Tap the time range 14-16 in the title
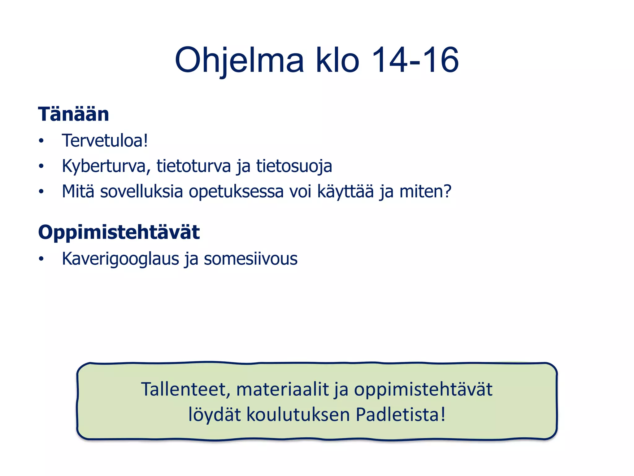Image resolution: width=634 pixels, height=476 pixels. pos(415,60)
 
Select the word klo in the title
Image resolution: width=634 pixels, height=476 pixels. pos(337,60)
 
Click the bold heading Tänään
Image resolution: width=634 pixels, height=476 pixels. pos(74,114)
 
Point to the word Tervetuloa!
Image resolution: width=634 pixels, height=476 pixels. pos(105,141)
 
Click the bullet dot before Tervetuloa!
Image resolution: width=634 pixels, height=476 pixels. pos(41,141)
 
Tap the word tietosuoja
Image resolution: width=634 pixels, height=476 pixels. pos(294,166)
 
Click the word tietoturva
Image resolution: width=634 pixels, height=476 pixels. pos(194,166)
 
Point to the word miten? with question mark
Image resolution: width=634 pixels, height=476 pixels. pos(426,191)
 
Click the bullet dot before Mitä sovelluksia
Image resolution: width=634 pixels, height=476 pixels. pos(41,192)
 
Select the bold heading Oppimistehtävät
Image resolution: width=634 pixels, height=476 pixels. pos(119,232)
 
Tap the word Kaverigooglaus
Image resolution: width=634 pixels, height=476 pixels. pos(120,259)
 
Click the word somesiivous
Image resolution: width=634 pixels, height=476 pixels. pos(250,259)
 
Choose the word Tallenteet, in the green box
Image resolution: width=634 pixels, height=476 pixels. pos(186,390)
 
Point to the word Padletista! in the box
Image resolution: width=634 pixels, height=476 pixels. pos(401,415)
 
